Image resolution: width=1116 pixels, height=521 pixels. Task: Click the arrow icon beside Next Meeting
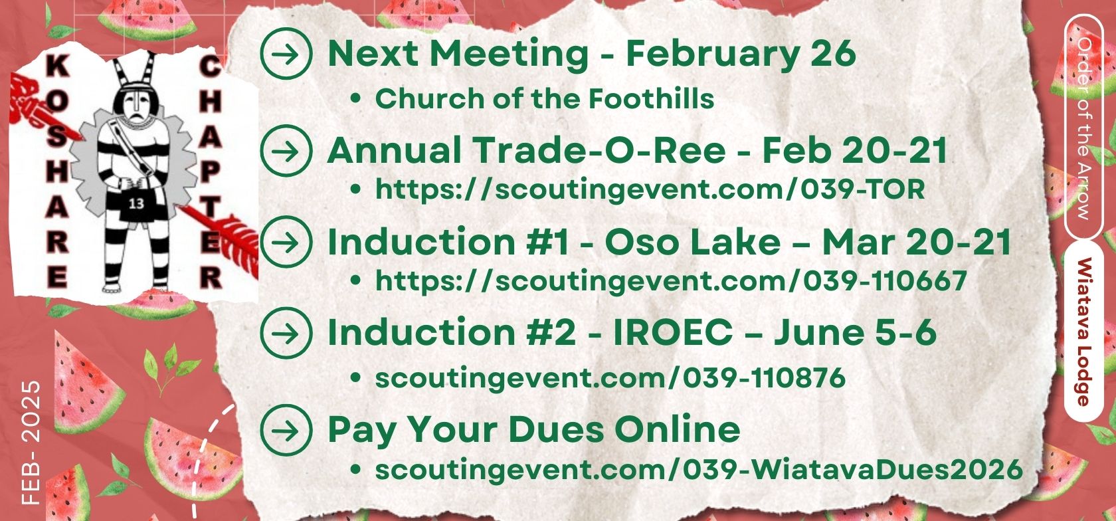pyautogui.click(x=286, y=54)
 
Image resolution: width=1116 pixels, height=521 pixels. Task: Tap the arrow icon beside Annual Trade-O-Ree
pyautogui.click(x=286, y=151)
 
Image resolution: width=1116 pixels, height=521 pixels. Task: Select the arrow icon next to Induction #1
pyautogui.click(x=286, y=243)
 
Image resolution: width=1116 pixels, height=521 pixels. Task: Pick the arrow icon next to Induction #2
pyautogui.click(x=286, y=333)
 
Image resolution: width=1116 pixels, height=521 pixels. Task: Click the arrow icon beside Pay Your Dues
pyautogui.click(x=286, y=430)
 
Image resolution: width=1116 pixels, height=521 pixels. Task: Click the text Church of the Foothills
pyautogui.click(x=545, y=98)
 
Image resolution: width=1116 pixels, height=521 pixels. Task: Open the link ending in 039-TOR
pyautogui.click(x=650, y=190)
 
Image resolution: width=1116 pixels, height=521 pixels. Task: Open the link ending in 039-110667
pyautogui.click(x=671, y=281)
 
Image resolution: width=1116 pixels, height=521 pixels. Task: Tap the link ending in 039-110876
pyautogui.click(x=610, y=378)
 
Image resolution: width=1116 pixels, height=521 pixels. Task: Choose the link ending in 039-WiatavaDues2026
pyautogui.click(x=699, y=470)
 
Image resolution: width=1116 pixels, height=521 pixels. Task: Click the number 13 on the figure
pyautogui.click(x=136, y=203)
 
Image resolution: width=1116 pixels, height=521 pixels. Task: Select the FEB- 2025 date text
pyautogui.click(x=31, y=443)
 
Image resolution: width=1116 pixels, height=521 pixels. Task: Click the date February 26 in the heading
pyautogui.click(x=741, y=54)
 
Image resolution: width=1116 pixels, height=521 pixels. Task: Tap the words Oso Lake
pyautogui.click(x=692, y=243)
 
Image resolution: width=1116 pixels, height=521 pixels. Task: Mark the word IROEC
pyautogui.click(x=672, y=333)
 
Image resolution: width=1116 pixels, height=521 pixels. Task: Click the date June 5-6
pyautogui.click(x=855, y=333)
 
